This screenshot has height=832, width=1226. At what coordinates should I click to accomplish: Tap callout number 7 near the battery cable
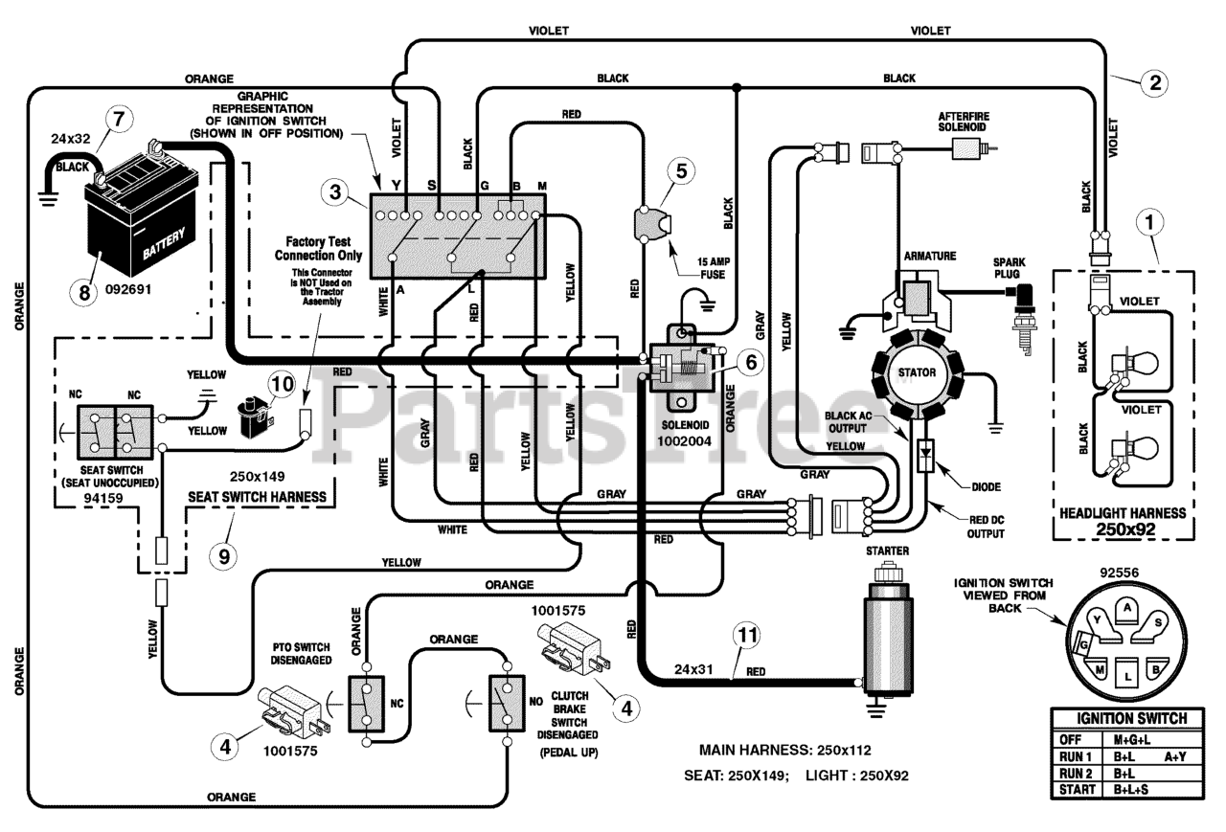point(119,120)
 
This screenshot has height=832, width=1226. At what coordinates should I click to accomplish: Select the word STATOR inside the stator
point(917,372)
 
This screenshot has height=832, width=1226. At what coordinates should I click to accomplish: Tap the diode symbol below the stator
point(926,455)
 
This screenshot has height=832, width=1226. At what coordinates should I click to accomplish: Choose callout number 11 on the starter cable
point(748,635)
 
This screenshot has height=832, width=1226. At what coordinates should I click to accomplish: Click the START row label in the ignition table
point(1078,790)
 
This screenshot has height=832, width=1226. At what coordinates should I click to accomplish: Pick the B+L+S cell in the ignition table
point(1131,790)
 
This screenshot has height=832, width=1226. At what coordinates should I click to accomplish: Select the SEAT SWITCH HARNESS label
point(258,497)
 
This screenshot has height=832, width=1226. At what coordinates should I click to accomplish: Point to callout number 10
point(283,384)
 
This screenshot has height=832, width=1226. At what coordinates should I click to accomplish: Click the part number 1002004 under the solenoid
point(684,441)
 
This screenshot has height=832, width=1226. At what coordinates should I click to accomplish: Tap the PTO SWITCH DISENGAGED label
point(301,654)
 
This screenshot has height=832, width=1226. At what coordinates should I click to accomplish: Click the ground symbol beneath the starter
point(874,711)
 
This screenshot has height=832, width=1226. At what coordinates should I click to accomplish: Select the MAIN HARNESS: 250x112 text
point(785,750)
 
